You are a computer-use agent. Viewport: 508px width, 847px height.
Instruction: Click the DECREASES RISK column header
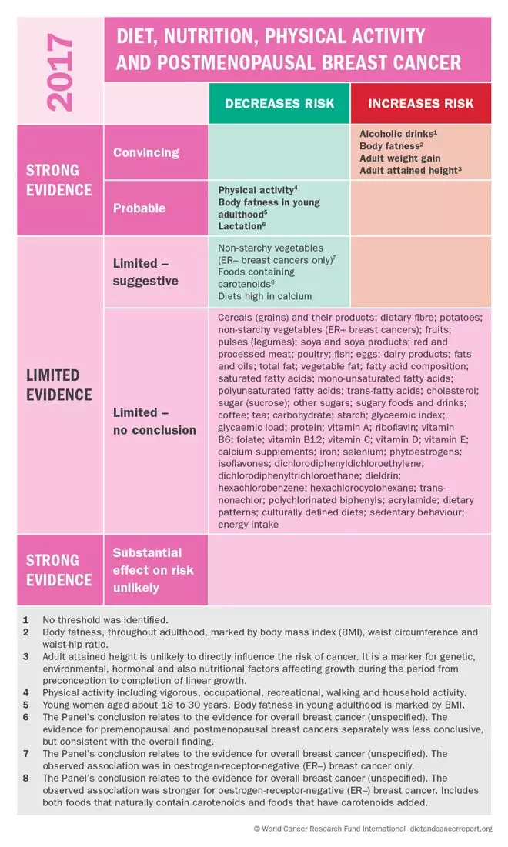point(279,103)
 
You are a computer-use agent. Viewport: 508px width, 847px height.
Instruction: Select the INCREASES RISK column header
point(420,103)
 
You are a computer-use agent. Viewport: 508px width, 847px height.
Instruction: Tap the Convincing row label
point(146,152)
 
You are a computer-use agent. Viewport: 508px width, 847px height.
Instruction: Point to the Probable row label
point(139,208)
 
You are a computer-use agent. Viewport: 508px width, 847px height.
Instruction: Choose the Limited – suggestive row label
point(145,272)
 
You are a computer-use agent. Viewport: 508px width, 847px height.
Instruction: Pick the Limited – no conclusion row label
point(154,421)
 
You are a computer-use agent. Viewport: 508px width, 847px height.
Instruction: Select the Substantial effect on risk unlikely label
point(153,570)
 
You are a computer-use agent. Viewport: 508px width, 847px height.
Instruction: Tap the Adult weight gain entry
point(399,158)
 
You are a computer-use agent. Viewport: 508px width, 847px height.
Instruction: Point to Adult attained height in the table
point(408,171)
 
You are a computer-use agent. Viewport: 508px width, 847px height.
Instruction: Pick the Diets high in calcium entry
point(265,295)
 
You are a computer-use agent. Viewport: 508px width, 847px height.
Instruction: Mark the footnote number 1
point(26,619)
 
